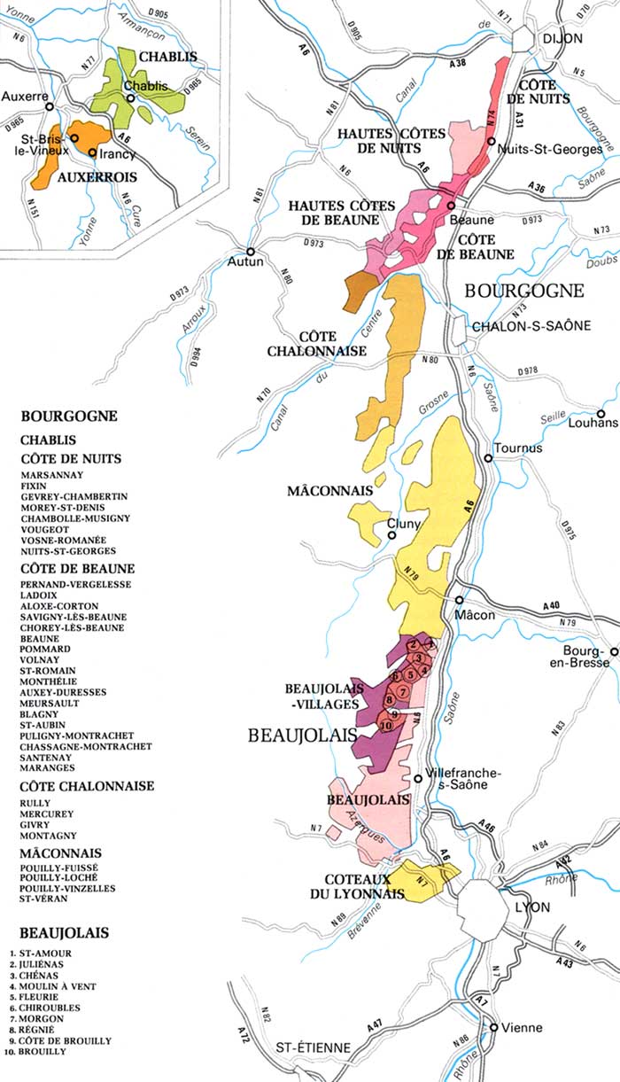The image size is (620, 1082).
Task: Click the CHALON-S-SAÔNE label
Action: tap(531, 326)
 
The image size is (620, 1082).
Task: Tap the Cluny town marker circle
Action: tap(392, 535)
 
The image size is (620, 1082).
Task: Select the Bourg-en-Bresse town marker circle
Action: tap(610, 650)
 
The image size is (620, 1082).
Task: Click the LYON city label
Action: tap(532, 907)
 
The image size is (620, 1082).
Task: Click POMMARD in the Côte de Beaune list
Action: tap(40, 649)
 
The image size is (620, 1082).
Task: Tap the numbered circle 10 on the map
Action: tap(385, 726)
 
